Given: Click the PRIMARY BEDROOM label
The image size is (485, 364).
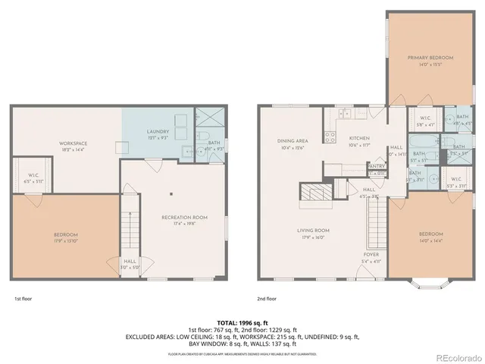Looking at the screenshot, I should pos(430,58).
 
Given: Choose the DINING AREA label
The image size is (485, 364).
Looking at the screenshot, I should pos(291,141).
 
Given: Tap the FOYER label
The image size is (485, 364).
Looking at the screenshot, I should pos(371,255).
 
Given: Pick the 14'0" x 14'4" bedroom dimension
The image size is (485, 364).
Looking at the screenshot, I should pos(429,240).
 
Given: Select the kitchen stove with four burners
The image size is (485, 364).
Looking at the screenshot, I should pos(330,137).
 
